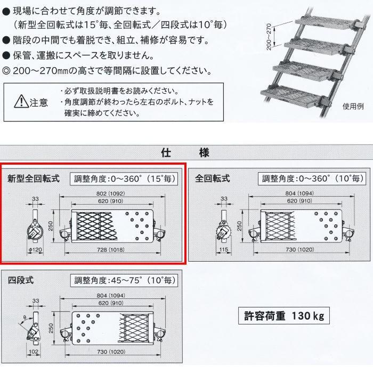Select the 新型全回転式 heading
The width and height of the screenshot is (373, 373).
(33, 178)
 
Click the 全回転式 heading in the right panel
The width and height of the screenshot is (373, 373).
(213, 178)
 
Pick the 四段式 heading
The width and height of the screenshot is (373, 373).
(20, 280)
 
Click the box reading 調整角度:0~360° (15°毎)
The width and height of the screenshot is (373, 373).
(123, 179)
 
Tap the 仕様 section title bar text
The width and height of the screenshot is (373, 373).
(185, 153)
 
